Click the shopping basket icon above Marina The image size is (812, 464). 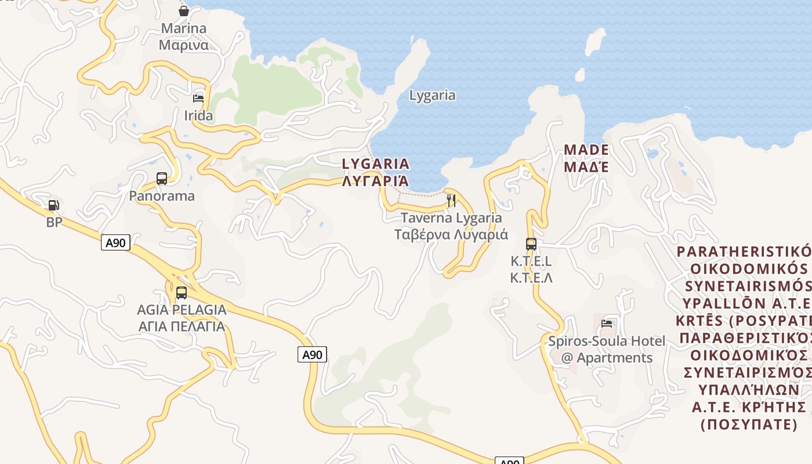click(184, 11)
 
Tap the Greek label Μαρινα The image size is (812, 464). click(184, 45)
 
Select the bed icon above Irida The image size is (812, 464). click(198, 97)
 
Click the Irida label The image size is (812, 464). click(198, 115)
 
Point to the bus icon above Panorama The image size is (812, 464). click(162, 179)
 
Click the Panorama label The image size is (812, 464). click(162, 195)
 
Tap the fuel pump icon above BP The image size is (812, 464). click(53, 205)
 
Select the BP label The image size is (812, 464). click(54, 222)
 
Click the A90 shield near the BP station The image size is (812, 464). click(115, 242)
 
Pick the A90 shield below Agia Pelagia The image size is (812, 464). click(313, 354)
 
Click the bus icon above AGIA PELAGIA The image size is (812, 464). click(182, 293)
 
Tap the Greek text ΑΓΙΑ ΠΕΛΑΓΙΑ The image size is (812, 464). click(182, 326)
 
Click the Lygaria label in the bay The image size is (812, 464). click(432, 95)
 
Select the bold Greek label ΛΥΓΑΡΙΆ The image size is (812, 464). click(376, 181)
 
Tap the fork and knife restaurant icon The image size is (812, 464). click(451, 201)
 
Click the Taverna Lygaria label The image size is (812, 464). click(451, 218)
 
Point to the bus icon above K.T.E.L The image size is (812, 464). click(531, 244)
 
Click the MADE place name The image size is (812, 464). click(586, 150)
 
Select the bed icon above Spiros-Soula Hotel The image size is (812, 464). click(607, 324)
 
